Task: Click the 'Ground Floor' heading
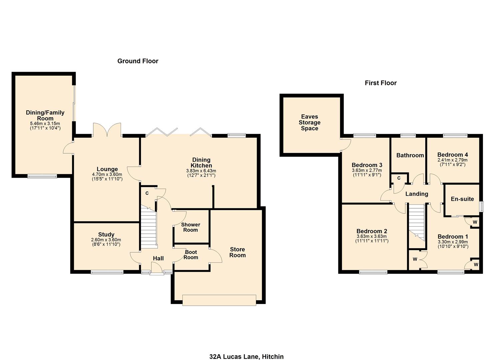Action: click(138, 61)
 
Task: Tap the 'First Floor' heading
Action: click(381, 83)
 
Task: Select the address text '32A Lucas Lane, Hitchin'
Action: click(246, 357)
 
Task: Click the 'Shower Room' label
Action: click(190, 227)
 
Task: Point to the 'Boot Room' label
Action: click(191, 255)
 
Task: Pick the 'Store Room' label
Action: click(237, 252)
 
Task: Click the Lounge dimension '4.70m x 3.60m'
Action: click(107, 174)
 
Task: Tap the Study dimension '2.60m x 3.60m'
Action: click(106, 240)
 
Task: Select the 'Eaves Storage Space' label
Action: click(309, 122)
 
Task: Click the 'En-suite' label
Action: click(462, 199)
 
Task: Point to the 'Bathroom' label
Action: click(410, 155)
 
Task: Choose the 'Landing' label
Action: click(417, 194)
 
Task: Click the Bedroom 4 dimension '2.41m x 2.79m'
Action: click(452, 160)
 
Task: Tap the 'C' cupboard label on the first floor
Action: click(399, 178)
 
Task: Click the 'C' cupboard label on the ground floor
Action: click(147, 193)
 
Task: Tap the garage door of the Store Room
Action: click(219, 300)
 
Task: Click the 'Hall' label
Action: click(158, 258)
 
